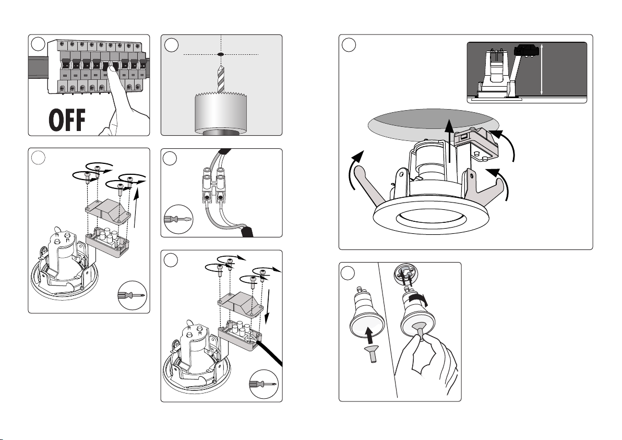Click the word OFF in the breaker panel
(67, 120)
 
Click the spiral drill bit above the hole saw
(221, 80)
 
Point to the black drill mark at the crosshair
(221, 54)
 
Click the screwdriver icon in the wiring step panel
(178, 219)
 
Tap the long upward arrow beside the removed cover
(137, 208)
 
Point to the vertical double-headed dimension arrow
(542, 70)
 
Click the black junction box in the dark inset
(526, 51)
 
